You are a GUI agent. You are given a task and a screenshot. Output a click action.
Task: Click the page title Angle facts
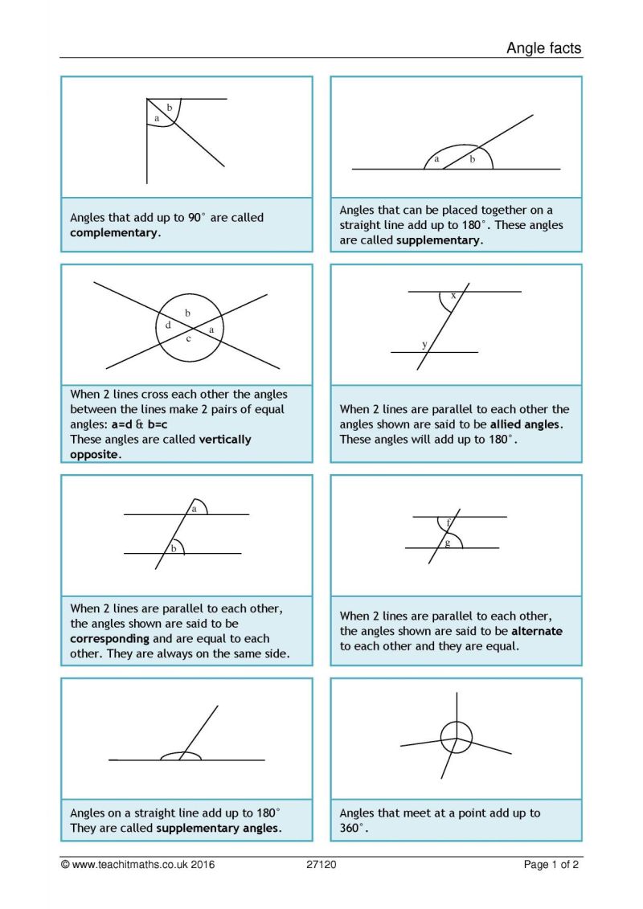(x=543, y=48)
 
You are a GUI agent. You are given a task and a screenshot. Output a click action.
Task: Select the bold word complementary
(x=114, y=233)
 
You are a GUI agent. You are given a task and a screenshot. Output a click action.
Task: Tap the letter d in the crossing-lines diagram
(x=168, y=326)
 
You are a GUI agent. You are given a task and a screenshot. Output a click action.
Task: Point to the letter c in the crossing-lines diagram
(x=189, y=338)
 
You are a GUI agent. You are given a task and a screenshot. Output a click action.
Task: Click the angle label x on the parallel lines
(x=453, y=296)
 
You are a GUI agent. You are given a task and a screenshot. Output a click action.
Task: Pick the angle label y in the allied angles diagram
(x=424, y=345)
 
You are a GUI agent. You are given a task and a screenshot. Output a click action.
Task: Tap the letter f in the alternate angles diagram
(x=448, y=523)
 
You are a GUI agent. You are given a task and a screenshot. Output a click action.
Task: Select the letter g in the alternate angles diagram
(x=448, y=543)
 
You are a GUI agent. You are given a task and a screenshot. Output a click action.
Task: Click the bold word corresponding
(x=109, y=639)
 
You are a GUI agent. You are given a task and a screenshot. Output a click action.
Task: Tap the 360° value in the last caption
(x=354, y=829)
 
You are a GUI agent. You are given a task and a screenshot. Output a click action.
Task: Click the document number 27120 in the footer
(x=321, y=865)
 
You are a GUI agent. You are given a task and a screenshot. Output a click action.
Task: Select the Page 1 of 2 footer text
(x=551, y=865)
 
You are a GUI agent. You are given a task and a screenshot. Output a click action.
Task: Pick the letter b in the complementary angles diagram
(x=169, y=107)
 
